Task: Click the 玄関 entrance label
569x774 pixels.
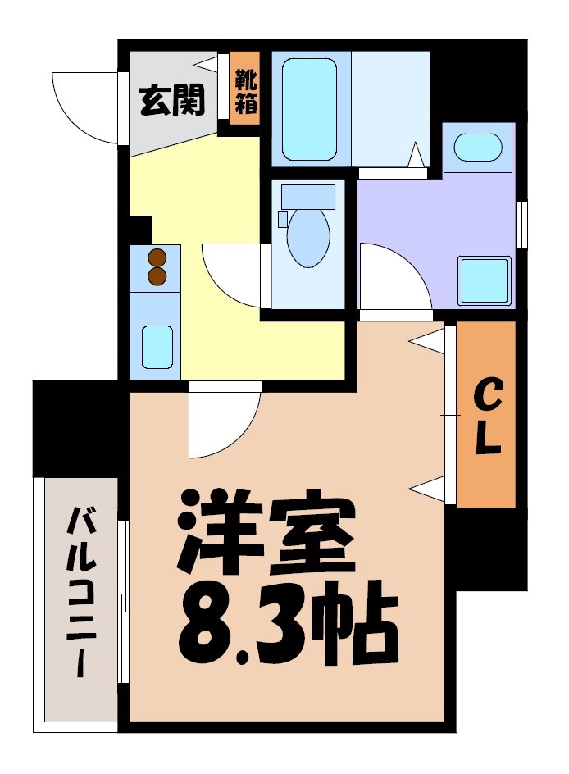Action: (171, 102)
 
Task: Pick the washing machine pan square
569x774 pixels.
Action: (484, 281)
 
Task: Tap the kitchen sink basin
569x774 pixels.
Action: (157, 346)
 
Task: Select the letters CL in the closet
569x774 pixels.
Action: (488, 419)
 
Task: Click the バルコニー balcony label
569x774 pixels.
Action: (81, 592)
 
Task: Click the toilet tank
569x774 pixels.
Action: (307, 197)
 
